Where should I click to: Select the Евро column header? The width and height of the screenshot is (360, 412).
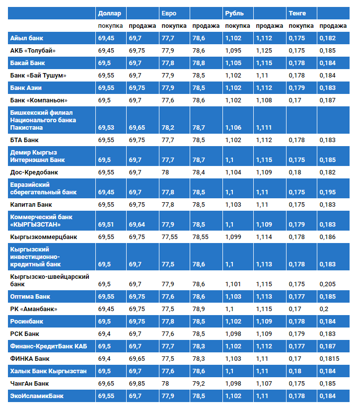tap(168, 13)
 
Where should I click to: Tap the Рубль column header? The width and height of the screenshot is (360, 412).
tap(234, 13)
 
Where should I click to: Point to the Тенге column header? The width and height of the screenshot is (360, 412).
tap(297, 13)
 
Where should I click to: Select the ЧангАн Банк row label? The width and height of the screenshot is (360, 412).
tap(29, 384)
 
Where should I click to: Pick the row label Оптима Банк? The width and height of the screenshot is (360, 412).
tap(30, 297)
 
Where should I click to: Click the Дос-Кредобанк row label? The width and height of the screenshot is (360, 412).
tap(34, 172)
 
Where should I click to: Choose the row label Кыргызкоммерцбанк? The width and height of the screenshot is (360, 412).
tap(44, 237)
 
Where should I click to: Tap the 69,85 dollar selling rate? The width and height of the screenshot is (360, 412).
tap(137, 384)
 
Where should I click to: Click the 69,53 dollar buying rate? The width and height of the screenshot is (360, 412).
tap(106, 128)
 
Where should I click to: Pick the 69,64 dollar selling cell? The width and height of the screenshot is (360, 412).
tap(137, 225)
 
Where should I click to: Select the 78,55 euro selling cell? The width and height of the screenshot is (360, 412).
tap(200, 237)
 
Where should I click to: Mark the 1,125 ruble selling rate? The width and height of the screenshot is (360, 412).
tap(264, 51)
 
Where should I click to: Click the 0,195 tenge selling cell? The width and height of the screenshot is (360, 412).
tap(328, 192)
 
